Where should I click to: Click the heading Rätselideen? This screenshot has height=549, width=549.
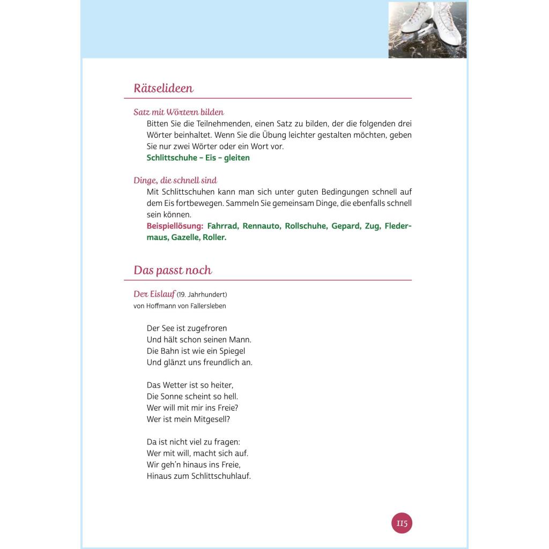click(163, 88)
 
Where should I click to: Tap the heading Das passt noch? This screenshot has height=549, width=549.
click(173, 270)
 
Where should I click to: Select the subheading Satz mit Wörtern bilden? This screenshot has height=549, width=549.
click(179, 112)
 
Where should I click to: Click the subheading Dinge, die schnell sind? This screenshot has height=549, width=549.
click(175, 180)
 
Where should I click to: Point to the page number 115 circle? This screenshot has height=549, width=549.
click(402, 523)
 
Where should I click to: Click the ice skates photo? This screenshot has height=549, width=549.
click(427, 29)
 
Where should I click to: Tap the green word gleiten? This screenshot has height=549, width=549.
click(237, 158)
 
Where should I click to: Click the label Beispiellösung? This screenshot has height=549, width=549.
click(175, 226)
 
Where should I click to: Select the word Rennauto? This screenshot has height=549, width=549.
click(261, 226)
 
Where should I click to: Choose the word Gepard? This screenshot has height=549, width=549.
click(345, 226)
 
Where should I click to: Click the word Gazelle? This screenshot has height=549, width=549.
click(184, 237)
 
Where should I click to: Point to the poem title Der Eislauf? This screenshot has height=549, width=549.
click(154, 294)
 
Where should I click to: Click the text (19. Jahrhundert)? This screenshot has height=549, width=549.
click(202, 295)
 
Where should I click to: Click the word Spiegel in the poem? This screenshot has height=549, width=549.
click(232, 351)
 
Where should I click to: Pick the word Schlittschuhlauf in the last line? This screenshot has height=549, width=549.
click(220, 476)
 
